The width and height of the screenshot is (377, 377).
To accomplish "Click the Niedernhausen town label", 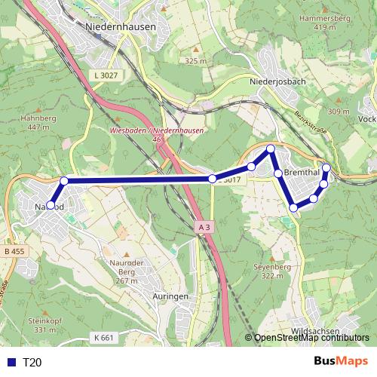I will pos(121,26).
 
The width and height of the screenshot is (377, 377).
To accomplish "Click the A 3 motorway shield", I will pos(202,226).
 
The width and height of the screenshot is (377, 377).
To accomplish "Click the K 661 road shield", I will pos(104,337).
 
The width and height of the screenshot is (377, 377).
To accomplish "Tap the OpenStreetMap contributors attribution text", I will pos(311,338).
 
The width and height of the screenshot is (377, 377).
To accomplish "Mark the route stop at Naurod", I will pos(51,205).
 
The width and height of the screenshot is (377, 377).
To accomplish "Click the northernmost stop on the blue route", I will pos(270,149).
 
